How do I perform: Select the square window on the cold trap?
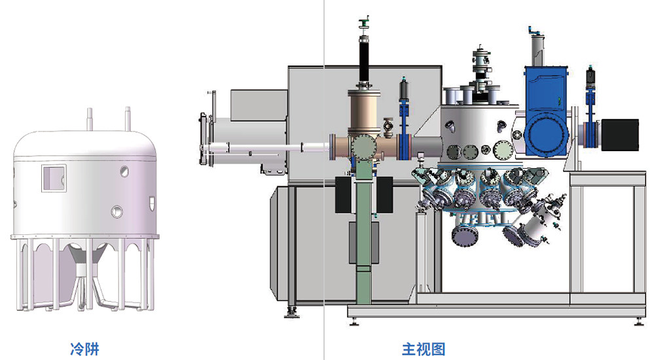click(54, 178)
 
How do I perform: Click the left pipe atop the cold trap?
click(89, 119)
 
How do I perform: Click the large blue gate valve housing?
click(546, 111)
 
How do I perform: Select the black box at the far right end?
click(620, 135)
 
